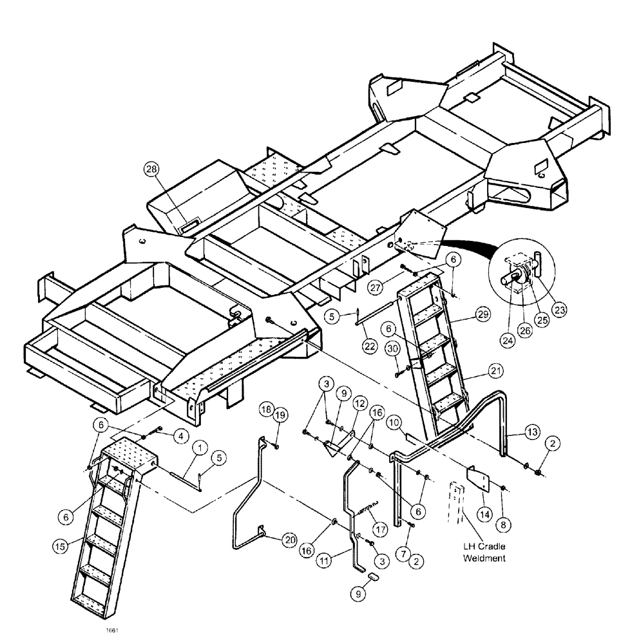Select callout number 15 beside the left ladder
pos(60,545)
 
